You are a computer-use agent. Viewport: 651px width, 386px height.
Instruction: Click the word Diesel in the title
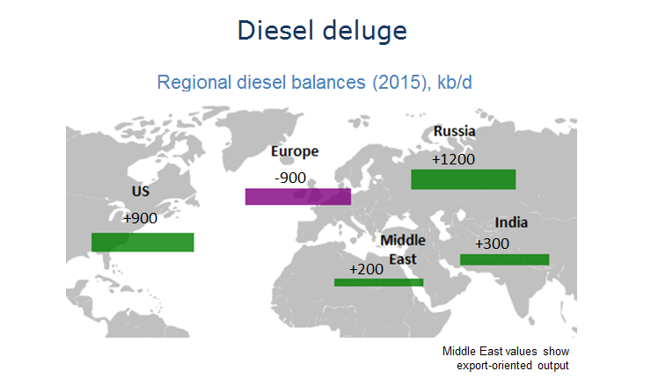[x=275, y=30]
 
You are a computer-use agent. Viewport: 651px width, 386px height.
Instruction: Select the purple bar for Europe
[x=298, y=196]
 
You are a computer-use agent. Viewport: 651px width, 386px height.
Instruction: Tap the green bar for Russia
[x=464, y=179]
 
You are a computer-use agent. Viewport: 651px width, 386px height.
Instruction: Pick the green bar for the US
[x=143, y=243]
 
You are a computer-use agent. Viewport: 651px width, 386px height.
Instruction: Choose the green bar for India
[x=504, y=259]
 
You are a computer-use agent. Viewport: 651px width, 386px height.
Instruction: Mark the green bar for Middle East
[x=378, y=282]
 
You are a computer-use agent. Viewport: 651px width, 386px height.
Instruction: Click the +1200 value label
[x=453, y=159]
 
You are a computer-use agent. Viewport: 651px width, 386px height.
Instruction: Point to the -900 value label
[x=290, y=178]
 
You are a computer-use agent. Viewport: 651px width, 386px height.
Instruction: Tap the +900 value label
[x=141, y=218]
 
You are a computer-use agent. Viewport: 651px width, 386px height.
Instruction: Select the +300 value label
[x=492, y=244]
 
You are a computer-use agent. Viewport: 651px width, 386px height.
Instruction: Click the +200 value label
[x=366, y=269]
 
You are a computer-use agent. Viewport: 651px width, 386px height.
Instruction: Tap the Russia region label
[x=455, y=131]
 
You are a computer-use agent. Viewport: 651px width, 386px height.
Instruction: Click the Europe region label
[x=295, y=151]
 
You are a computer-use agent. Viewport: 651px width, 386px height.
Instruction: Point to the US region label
[x=141, y=191]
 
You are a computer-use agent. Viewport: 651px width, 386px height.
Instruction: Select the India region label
[x=511, y=222]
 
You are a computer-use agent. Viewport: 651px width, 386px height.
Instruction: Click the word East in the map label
[x=403, y=259]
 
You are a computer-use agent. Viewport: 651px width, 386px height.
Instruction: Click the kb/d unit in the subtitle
[x=455, y=82]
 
